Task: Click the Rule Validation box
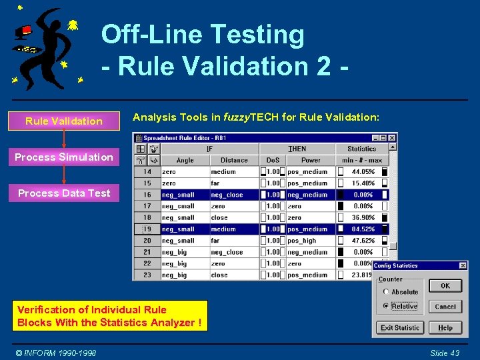coord(63,121)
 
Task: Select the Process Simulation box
coord(63,157)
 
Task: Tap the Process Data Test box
coord(63,193)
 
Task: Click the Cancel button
coord(445,307)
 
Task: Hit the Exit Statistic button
coord(400,327)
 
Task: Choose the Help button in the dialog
coord(445,327)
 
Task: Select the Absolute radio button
coord(386,292)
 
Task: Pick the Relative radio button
coord(386,307)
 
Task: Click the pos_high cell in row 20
coord(302,241)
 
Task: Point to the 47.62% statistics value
coord(363,241)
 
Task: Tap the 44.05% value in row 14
coord(363,172)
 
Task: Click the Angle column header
coord(185,160)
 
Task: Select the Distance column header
coord(234,160)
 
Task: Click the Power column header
coord(311,160)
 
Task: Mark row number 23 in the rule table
coord(147,275)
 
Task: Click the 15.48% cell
coord(363,183)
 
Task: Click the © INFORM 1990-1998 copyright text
coord(57,353)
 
